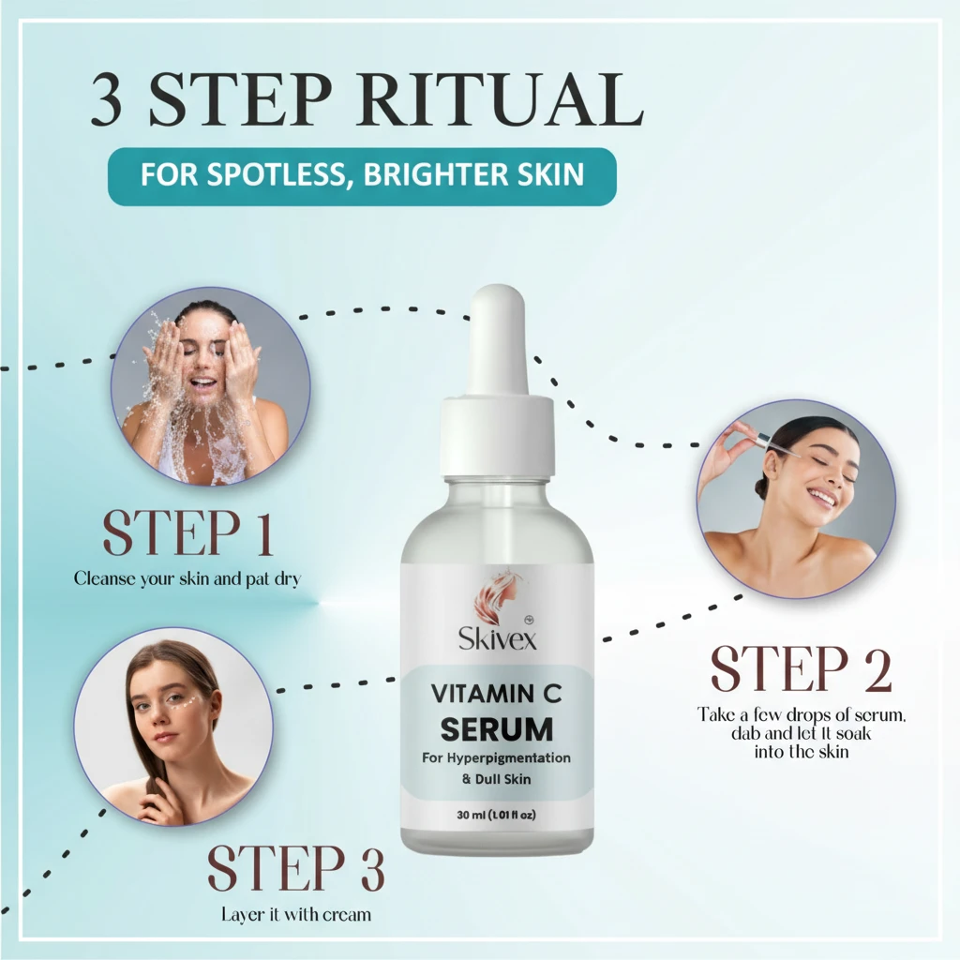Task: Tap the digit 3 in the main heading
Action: [106, 99]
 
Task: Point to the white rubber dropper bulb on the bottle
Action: [499, 339]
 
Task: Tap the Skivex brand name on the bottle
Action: [497, 639]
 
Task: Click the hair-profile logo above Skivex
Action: [498, 595]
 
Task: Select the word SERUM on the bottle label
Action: [497, 729]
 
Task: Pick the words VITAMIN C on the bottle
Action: [497, 695]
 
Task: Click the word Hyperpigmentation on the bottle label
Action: [508, 758]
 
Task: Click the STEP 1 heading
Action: [187, 533]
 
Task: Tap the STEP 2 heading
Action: [801, 669]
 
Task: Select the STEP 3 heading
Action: [295, 868]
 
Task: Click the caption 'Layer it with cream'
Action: [296, 915]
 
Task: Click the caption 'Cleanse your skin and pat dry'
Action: [187, 579]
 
